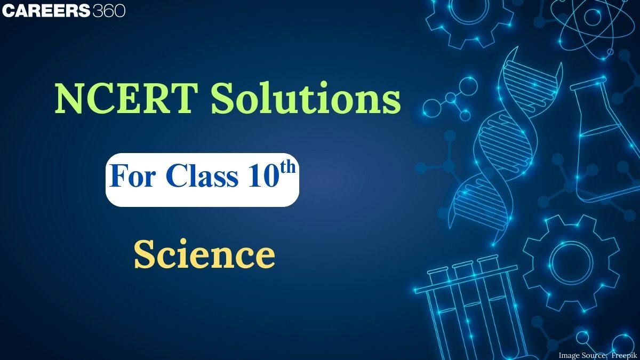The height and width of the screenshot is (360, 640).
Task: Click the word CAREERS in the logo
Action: [45, 11]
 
